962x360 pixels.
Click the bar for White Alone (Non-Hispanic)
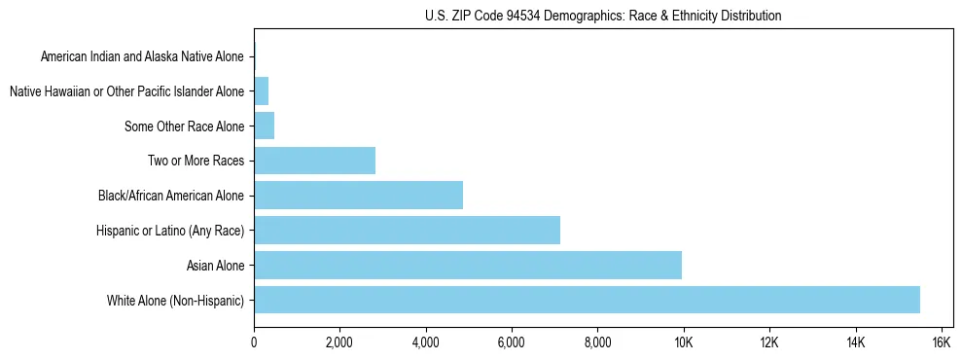pyautogui.click(x=587, y=300)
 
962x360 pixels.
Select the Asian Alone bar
pyautogui.click(x=467, y=265)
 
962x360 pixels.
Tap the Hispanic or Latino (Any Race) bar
pyautogui.click(x=407, y=230)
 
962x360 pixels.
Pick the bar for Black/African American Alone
pyautogui.click(x=358, y=195)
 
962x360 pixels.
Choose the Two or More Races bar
pyautogui.click(x=314, y=161)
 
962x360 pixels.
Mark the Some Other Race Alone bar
pyautogui.click(x=264, y=126)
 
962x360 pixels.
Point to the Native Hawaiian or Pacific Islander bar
pyautogui.click(x=261, y=91)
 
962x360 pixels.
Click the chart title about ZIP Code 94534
pyautogui.click(x=603, y=16)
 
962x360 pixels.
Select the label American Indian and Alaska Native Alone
pyautogui.click(x=142, y=56)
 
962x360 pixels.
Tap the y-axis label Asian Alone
pyautogui.click(x=215, y=266)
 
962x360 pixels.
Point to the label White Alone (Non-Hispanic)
pyautogui.click(x=176, y=301)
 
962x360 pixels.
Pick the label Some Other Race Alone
pyautogui.click(x=185, y=126)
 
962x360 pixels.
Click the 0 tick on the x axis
pyautogui.click(x=254, y=342)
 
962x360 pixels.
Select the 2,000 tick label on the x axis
pyautogui.click(x=339, y=342)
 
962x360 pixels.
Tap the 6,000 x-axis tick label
pyautogui.click(x=512, y=342)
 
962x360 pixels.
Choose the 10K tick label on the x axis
pyautogui.click(x=684, y=342)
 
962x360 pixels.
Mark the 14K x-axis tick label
pyautogui.click(x=855, y=342)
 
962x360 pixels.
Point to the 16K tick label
pyautogui.click(x=941, y=342)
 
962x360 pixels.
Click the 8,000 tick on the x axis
pyautogui.click(x=597, y=342)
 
